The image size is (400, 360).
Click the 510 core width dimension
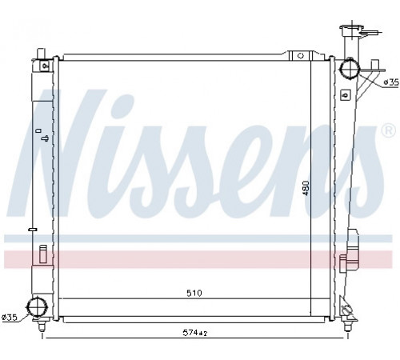194,293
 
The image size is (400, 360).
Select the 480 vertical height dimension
306,188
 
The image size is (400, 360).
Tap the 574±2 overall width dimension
195,333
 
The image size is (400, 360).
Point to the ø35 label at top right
391,82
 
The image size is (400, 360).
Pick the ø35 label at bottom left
10,317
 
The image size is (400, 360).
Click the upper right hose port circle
350,68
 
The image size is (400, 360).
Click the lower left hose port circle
38,308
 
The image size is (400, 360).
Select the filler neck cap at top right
352,29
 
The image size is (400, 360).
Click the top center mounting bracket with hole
301,55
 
